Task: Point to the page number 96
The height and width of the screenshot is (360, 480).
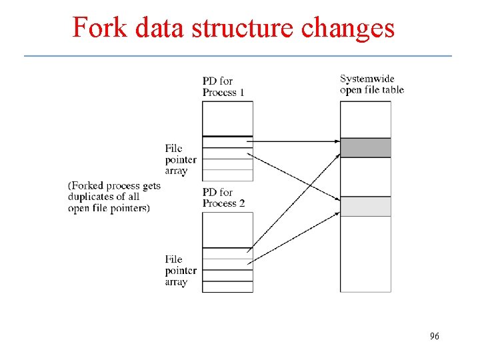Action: (x=435, y=337)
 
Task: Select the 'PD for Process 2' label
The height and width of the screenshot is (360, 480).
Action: (x=219, y=198)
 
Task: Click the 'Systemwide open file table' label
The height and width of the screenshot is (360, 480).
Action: (x=371, y=84)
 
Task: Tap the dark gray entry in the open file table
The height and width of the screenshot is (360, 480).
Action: (x=365, y=147)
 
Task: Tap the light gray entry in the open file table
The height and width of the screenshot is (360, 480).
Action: (x=365, y=207)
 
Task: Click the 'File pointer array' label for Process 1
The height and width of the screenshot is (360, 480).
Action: (x=181, y=159)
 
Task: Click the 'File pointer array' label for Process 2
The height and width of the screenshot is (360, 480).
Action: (x=181, y=271)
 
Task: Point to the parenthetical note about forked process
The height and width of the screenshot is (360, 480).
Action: (x=114, y=197)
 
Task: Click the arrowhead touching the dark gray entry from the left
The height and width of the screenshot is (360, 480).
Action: (x=337, y=141)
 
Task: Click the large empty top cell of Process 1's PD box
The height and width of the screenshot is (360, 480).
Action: (x=227, y=118)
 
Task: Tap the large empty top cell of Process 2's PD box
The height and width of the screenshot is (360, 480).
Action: (x=227, y=229)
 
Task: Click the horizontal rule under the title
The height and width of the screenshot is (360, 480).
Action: (x=238, y=55)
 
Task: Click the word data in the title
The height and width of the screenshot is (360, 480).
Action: (x=155, y=27)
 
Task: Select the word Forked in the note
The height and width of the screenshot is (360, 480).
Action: (x=89, y=186)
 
